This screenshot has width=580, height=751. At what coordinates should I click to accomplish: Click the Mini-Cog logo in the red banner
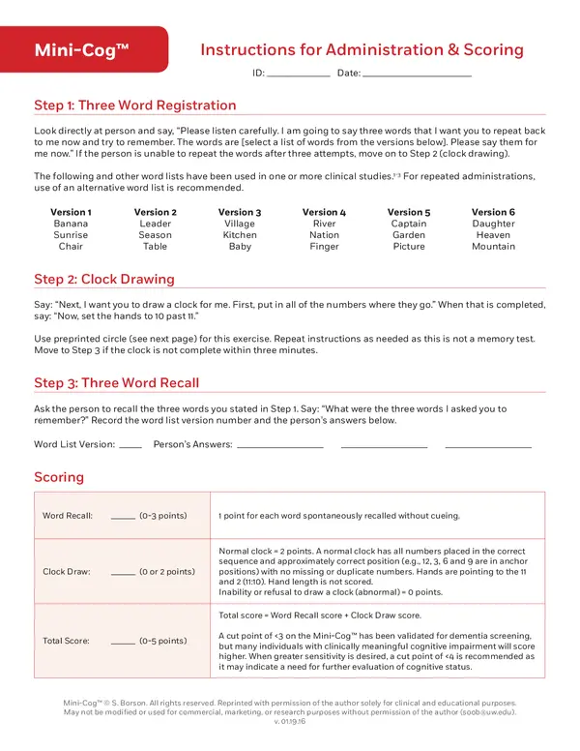click(82, 50)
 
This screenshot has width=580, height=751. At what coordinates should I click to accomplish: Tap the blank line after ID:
click(298, 75)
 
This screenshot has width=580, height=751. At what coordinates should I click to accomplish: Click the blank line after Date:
click(418, 75)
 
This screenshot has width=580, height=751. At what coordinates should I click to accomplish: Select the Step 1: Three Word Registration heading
click(134, 105)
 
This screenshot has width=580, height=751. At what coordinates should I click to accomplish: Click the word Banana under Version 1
click(71, 224)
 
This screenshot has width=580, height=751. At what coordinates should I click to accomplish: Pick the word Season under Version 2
click(155, 235)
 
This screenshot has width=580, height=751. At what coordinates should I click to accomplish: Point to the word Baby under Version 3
click(240, 247)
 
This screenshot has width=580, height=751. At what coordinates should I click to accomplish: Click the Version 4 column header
click(324, 212)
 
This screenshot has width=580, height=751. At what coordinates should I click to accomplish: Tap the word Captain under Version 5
click(409, 224)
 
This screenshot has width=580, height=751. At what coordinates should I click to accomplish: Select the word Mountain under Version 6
click(493, 247)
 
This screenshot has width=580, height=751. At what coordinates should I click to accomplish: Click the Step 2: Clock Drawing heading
click(104, 280)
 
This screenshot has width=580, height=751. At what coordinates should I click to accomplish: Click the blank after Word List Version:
click(130, 446)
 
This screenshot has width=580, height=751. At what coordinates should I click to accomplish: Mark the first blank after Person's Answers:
click(279, 446)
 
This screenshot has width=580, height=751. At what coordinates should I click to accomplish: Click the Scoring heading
click(59, 477)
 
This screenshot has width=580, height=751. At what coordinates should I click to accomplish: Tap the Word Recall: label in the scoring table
click(68, 516)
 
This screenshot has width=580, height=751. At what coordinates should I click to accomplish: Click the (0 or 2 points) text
click(166, 571)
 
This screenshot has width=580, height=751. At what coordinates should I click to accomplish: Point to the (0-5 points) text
click(162, 641)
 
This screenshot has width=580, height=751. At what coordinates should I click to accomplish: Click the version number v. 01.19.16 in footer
click(290, 722)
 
